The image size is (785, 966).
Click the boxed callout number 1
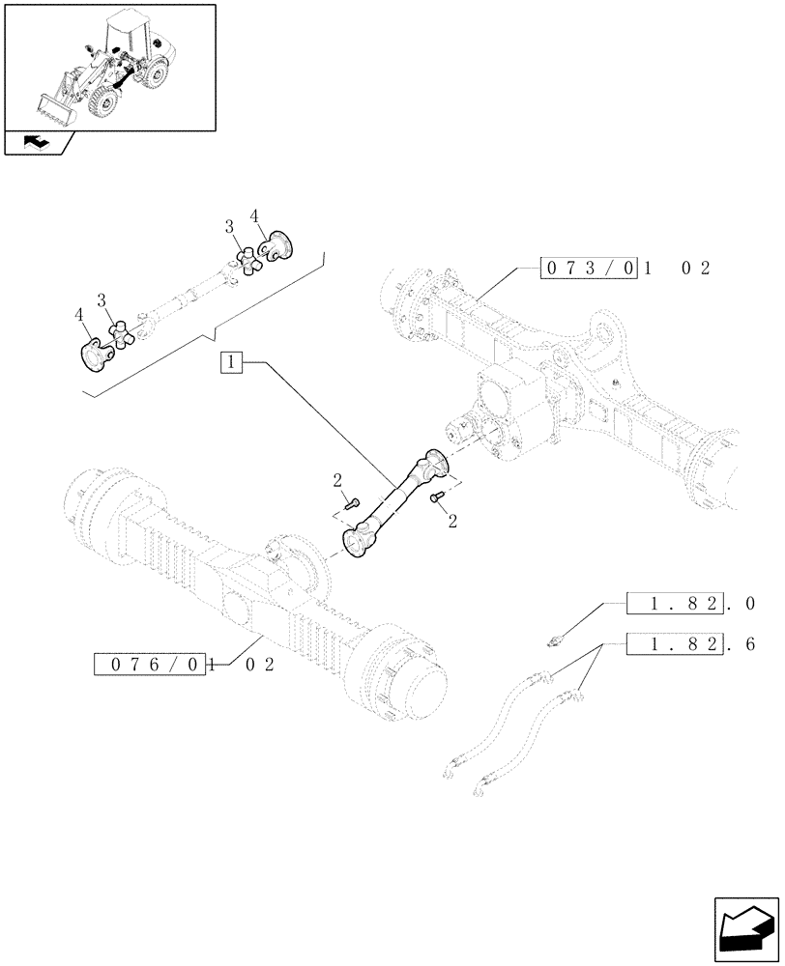pos(231,363)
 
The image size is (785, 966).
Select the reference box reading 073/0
pos(588,269)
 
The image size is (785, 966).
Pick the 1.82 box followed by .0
pos(675,604)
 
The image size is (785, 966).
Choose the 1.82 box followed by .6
pos(675,642)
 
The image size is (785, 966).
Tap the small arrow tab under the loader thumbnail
pos(37,143)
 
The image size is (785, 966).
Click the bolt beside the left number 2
pos(353,501)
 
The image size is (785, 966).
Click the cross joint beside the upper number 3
pos(251,260)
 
